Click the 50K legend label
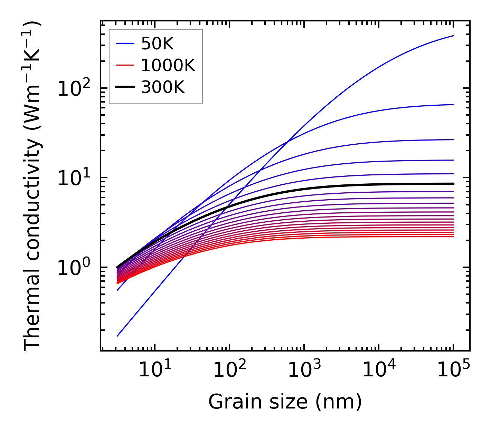coord(157,44)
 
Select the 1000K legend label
coord(168,66)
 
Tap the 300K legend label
coord(163,87)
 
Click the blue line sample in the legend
coord(124,44)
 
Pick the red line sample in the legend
coord(124,66)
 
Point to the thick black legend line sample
coord(124,87)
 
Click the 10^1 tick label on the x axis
coord(154,371)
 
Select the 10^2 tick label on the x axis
coord(229,371)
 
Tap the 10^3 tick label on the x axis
coord(304,371)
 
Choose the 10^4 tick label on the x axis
coord(379,371)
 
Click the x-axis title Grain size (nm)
coord(285,402)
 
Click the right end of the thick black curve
coord(453,184)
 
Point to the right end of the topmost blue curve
coord(453,36)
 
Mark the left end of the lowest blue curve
coord(117,336)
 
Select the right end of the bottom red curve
coord(453,237)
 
